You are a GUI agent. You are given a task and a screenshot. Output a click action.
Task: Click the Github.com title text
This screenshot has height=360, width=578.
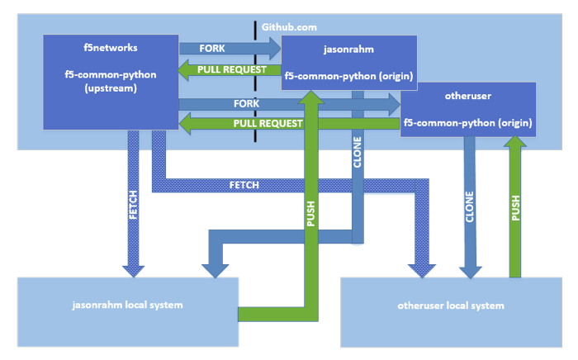click(x=290, y=27)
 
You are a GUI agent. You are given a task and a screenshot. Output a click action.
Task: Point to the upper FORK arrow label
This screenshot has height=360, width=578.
click(x=212, y=49)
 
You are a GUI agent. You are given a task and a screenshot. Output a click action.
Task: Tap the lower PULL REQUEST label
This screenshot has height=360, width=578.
click(x=268, y=123)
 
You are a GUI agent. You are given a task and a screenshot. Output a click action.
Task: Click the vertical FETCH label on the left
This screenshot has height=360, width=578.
click(x=134, y=206)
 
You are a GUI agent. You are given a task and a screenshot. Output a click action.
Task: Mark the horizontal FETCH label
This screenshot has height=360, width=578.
click(x=244, y=185)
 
